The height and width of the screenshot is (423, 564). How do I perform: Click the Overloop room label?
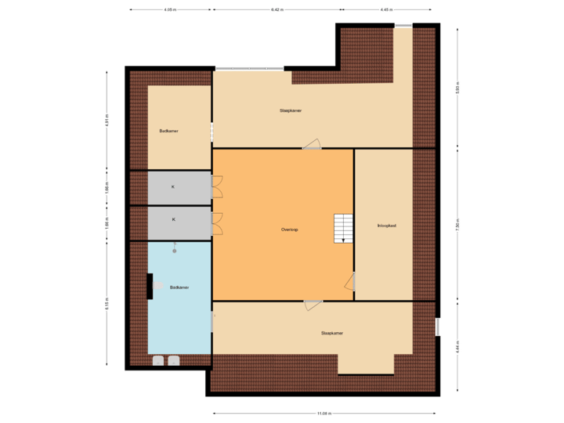tap(290, 230)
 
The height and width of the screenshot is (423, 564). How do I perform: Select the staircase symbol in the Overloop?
tap(343, 228)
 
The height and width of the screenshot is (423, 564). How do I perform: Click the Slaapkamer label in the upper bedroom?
tap(291, 110)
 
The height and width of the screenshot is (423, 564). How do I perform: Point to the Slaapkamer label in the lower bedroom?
tap(332, 333)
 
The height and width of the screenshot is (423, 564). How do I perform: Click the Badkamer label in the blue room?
tap(179, 287)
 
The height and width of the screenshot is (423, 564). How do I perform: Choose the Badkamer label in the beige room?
tap(168, 131)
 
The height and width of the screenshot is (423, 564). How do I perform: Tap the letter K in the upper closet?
tap(173, 187)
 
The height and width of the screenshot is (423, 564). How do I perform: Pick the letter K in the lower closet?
tap(173, 220)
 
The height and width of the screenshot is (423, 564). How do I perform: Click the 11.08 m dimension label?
tap(324, 414)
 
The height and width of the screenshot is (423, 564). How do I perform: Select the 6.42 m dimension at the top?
tap(277, 10)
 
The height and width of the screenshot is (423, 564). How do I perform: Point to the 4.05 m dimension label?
tap(168, 10)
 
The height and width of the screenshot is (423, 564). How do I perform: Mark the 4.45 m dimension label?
tap(385, 10)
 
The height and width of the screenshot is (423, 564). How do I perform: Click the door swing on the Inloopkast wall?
tap(350, 282)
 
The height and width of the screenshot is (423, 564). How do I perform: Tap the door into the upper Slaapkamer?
tap(313, 143)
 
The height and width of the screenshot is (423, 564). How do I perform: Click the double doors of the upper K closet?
tap(217, 187)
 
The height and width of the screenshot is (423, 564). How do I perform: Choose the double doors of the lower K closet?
tap(217, 223)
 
